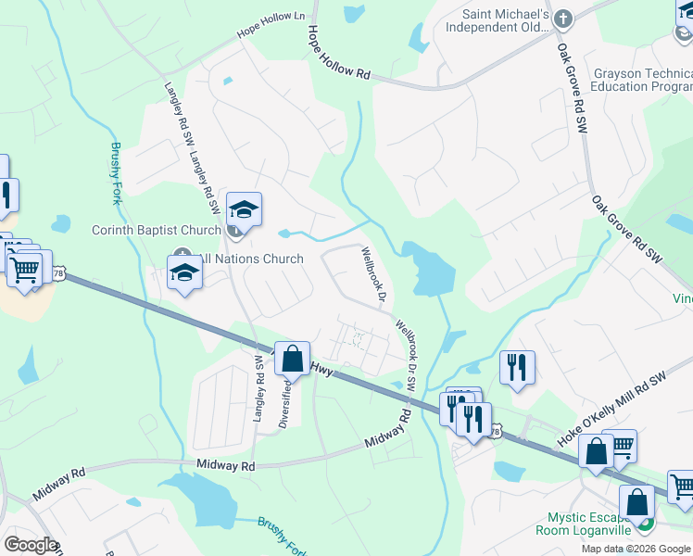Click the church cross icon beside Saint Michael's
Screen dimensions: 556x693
tap(562, 18)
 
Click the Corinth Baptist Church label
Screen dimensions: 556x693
tap(156, 230)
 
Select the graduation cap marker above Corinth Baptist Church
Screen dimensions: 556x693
tap(244, 208)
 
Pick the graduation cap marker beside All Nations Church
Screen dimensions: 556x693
tap(184, 272)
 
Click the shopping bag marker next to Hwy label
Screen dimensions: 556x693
tap(292, 358)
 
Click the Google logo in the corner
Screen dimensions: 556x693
tap(31, 545)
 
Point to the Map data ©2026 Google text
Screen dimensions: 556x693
tap(636, 549)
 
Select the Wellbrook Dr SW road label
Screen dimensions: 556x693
tap(407, 355)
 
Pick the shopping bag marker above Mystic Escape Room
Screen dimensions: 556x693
tap(638, 502)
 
